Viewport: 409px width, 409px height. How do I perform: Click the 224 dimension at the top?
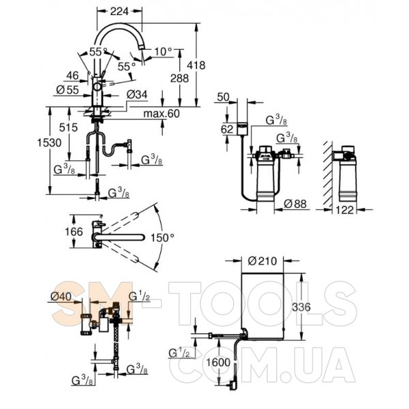click(119, 11)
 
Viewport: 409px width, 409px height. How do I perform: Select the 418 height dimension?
click(196, 65)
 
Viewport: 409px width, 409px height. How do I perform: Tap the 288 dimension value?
click(179, 78)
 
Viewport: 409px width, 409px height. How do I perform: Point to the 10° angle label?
click(164, 52)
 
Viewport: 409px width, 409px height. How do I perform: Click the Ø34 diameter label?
click(137, 95)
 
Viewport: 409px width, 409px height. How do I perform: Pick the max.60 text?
click(162, 114)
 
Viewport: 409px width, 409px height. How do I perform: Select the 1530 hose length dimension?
click(49, 142)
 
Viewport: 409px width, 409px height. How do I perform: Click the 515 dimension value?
click(68, 127)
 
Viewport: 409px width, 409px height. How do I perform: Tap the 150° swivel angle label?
click(162, 238)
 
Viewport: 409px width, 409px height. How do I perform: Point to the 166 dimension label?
click(74, 232)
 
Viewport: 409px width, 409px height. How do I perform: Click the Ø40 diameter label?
click(61, 297)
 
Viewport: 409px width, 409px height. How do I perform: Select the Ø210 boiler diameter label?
click(262, 261)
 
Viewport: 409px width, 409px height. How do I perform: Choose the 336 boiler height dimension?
click(301, 307)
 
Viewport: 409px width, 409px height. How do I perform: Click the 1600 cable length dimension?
click(218, 363)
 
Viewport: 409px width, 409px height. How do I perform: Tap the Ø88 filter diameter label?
click(295, 204)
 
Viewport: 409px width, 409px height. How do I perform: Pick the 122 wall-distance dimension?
click(345, 210)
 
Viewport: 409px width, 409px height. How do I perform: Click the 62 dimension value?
click(227, 129)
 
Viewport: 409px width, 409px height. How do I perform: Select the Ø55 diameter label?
click(67, 90)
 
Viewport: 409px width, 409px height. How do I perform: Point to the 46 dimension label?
click(72, 76)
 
